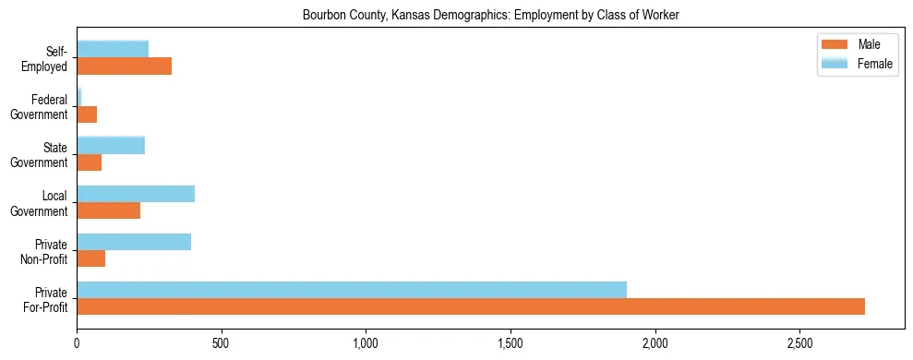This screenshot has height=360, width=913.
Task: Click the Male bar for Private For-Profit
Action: click(x=471, y=306)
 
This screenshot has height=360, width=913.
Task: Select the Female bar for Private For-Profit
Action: click(x=352, y=290)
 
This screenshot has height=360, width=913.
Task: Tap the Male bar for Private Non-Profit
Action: click(x=90, y=258)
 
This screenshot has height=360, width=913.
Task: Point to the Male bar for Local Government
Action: click(x=108, y=210)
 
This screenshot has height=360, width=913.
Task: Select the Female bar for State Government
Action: click(x=111, y=146)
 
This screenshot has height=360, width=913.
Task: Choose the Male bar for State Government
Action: click(x=89, y=162)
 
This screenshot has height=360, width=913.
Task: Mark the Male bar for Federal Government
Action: click(x=87, y=114)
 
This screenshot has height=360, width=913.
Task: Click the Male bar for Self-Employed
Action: click(x=124, y=66)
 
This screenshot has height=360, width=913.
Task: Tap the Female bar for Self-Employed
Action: click(x=113, y=50)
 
